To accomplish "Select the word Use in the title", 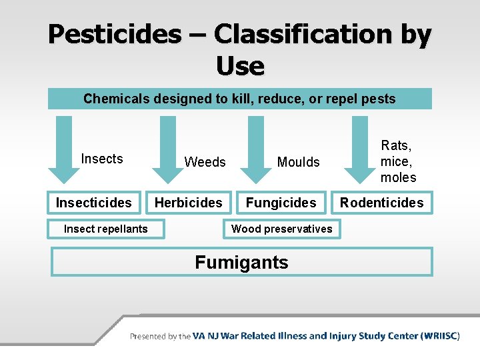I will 240,66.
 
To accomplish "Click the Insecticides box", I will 94,203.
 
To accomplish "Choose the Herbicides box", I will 189,203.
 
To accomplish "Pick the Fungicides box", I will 281,203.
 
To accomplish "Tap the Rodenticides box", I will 382,203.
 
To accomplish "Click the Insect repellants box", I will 105,229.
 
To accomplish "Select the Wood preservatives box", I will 281,229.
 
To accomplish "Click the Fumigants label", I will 241,263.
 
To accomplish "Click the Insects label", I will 102,159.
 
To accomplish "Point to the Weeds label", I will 205,162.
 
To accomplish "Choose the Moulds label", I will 298,162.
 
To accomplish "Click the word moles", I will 398,177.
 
